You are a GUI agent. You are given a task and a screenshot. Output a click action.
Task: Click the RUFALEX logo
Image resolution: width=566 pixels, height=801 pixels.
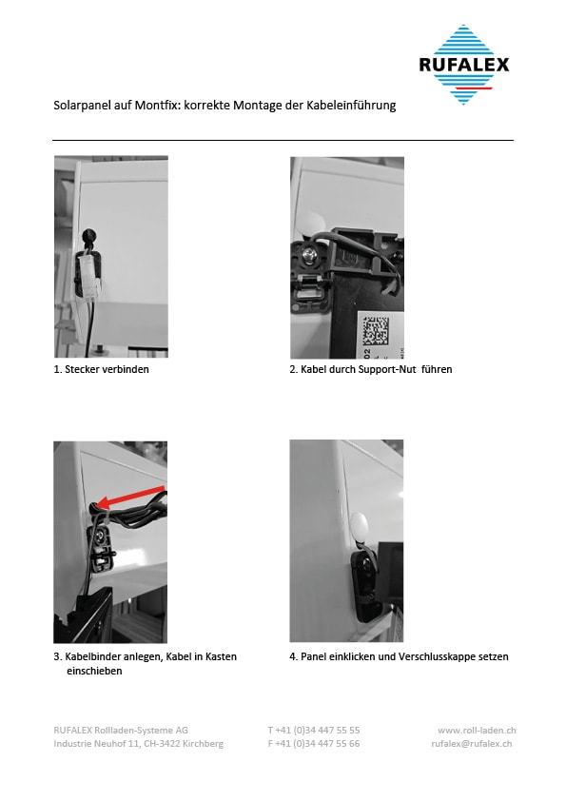point(464,65)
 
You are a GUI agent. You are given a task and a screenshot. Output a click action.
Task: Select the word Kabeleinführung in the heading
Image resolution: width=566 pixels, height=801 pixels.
point(351,106)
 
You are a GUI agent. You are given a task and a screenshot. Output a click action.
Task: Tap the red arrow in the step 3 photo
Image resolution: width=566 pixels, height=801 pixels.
point(130,498)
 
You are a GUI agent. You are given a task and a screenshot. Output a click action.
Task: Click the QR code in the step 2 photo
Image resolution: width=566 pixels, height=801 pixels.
point(376,329)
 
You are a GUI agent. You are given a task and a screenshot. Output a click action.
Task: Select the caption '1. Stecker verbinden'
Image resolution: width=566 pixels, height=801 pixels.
point(101,369)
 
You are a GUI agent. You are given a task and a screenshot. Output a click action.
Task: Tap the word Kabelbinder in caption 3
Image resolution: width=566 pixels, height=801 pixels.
point(93,656)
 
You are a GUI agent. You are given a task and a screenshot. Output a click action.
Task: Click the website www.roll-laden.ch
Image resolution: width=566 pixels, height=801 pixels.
point(477,731)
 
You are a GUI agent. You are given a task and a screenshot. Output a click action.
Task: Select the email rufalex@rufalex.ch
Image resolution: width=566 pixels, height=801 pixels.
point(472,744)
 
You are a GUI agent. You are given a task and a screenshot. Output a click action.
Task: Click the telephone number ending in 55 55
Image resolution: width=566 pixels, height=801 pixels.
point(314,731)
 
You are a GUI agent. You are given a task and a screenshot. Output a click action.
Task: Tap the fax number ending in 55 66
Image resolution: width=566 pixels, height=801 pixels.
point(314,744)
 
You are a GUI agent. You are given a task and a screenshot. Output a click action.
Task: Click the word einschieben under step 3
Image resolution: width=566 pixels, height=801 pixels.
point(94,671)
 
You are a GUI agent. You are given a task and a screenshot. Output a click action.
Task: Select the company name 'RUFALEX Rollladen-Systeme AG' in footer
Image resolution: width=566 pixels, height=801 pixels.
point(121,731)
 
